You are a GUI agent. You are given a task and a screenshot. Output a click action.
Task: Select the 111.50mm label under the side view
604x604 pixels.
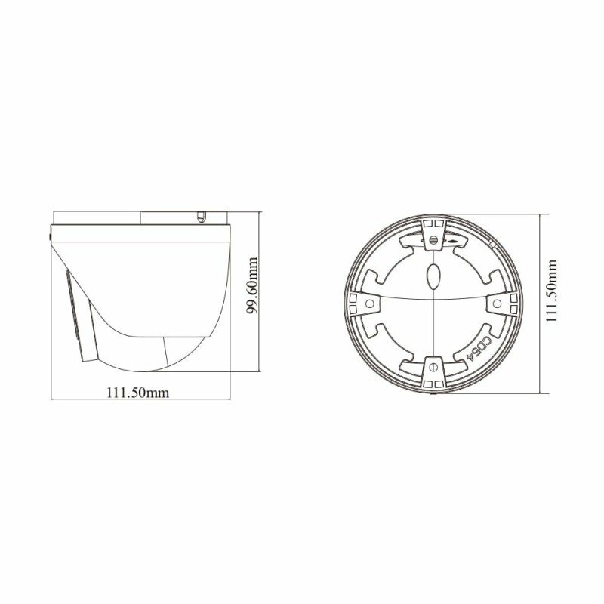(x=137, y=393)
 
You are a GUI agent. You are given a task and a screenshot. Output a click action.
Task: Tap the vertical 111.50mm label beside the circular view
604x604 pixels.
(x=552, y=291)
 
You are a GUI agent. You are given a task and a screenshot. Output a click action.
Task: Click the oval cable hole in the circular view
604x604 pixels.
(x=433, y=276)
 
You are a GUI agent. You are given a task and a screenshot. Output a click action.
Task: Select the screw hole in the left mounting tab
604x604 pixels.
(x=370, y=304)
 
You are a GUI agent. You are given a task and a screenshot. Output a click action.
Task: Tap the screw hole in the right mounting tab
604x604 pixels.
(x=497, y=304)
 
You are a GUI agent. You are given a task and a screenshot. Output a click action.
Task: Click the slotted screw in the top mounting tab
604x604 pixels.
(x=433, y=240)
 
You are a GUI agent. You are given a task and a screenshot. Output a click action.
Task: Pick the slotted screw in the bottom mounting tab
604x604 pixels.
(x=433, y=367)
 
